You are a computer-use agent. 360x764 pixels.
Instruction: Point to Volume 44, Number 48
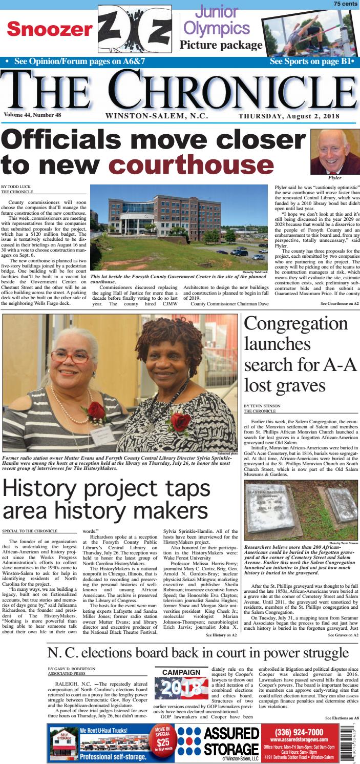(32, 115)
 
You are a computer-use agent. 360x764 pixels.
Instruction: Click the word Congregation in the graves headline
(295, 325)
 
